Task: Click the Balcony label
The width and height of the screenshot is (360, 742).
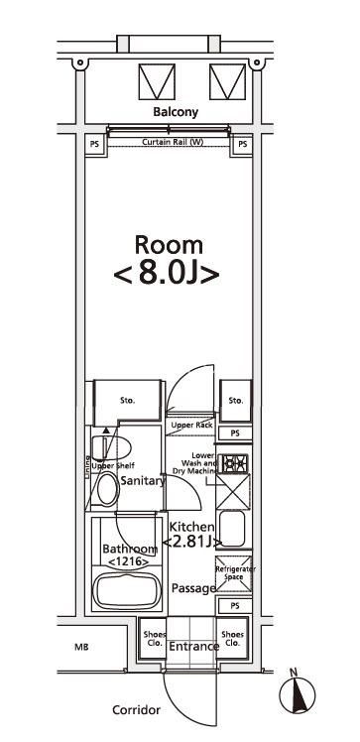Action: click(x=176, y=112)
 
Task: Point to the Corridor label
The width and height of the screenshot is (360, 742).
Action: click(x=136, y=711)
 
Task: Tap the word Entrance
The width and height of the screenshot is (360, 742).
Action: click(x=193, y=647)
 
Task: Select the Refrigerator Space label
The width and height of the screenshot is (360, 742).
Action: click(x=234, y=573)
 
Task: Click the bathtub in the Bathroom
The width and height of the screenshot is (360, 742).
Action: click(x=125, y=591)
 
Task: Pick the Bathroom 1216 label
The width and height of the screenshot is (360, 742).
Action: click(x=129, y=556)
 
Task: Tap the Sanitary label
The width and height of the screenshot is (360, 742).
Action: click(x=141, y=480)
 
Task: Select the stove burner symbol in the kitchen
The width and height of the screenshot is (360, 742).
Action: click(x=234, y=463)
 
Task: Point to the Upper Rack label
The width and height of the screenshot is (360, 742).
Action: click(x=192, y=425)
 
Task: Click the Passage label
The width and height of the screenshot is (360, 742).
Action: click(x=193, y=588)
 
